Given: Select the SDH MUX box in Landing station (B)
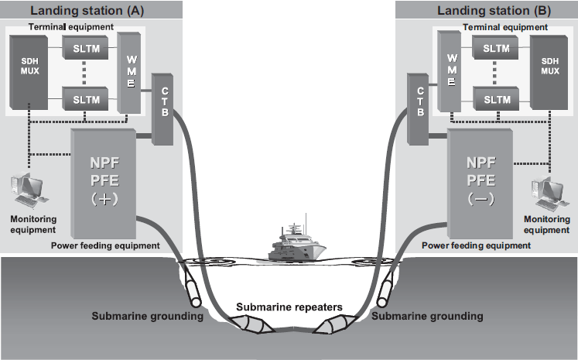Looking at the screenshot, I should [549, 73].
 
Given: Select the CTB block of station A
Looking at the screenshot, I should [163, 109].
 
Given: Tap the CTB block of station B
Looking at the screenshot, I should [418, 109].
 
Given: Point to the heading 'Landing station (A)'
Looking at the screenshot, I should [91, 10].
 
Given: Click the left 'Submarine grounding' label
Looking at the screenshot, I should [147, 317].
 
